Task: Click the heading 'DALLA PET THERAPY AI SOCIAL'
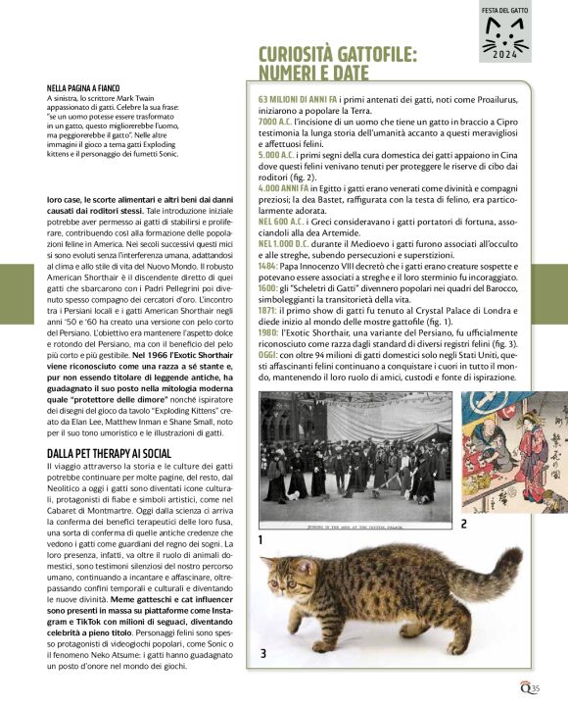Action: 109,453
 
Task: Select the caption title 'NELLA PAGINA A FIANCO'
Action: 86,87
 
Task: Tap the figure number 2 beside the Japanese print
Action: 463,524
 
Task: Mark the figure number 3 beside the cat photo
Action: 262,653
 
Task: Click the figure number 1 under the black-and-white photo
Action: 261,539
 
